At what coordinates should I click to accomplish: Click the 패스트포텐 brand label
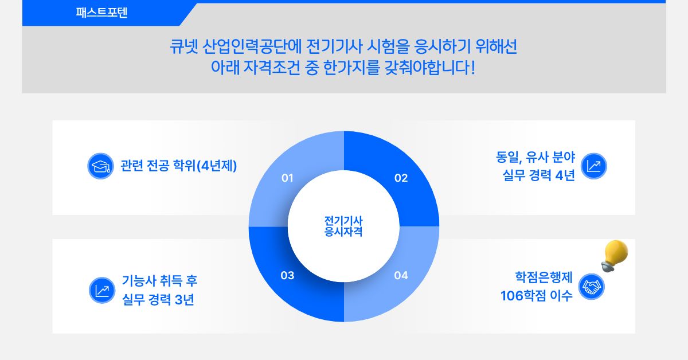tap(101, 13)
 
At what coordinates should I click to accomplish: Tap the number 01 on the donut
tap(287, 178)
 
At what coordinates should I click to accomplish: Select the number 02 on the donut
tap(401, 178)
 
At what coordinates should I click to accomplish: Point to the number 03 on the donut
tap(287, 275)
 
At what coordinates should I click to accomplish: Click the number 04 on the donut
tap(401, 275)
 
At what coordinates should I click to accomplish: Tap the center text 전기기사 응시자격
tap(343, 226)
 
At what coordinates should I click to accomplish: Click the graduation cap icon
tap(100, 166)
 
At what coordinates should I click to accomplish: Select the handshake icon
tap(591, 287)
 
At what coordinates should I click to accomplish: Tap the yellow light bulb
tap(614, 256)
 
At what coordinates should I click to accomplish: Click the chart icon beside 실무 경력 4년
tap(594, 166)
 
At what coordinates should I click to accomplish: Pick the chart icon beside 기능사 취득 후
tap(102, 290)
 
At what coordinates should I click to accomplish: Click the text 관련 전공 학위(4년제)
tap(178, 166)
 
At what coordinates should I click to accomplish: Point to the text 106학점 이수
tap(537, 296)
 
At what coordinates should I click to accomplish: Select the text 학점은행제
tap(544, 277)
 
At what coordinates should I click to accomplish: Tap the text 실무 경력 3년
tap(158, 299)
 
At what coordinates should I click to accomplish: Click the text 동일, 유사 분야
tap(535, 157)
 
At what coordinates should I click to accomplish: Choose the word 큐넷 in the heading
tap(184, 46)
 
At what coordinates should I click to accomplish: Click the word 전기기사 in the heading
tap(334, 46)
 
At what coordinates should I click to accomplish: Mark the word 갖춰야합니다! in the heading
tap(429, 68)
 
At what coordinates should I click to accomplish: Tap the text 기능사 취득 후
tap(160, 281)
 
